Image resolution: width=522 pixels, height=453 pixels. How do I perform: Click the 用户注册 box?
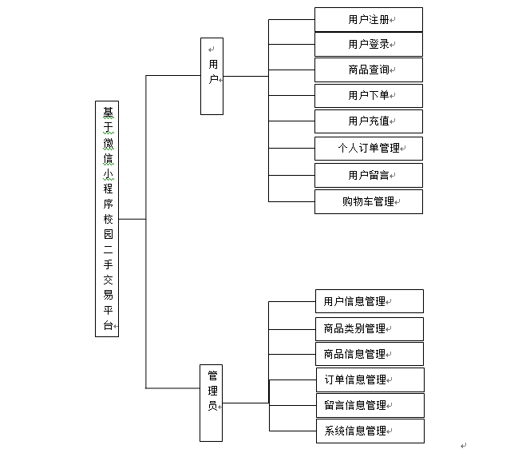click(x=368, y=19)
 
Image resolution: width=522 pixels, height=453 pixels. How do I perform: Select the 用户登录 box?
click(x=368, y=45)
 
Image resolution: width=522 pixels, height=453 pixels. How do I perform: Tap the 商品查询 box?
click(x=368, y=70)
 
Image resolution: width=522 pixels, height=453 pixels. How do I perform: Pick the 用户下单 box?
click(x=368, y=96)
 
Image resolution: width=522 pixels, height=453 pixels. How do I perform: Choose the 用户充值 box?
click(x=368, y=121)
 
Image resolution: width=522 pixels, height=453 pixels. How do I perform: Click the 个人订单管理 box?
click(x=368, y=149)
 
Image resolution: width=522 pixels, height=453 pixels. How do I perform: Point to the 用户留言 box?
click(x=368, y=175)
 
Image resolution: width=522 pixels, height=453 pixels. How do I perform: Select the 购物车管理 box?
click(x=368, y=201)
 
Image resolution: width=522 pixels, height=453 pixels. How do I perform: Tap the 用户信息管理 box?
click(x=369, y=301)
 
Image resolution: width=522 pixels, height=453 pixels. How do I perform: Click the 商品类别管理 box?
click(x=369, y=328)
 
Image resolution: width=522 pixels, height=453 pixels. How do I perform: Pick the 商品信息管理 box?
click(x=369, y=354)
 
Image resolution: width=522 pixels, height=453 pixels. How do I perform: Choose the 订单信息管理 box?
click(x=369, y=379)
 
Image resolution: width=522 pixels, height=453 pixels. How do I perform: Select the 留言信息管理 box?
click(x=369, y=405)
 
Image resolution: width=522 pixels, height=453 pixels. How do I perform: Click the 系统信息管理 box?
click(x=369, y=431)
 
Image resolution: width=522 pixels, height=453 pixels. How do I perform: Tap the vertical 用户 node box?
click(x=212, y=76)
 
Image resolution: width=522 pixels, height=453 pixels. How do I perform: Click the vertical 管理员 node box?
click(x=212, y=403)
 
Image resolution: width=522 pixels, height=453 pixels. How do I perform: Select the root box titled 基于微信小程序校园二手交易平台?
click(x=107, y=218)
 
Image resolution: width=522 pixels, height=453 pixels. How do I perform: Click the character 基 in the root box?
click(x=108, y=113)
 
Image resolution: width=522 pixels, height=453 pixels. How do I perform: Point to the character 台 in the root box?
click(x=108, y=325)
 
